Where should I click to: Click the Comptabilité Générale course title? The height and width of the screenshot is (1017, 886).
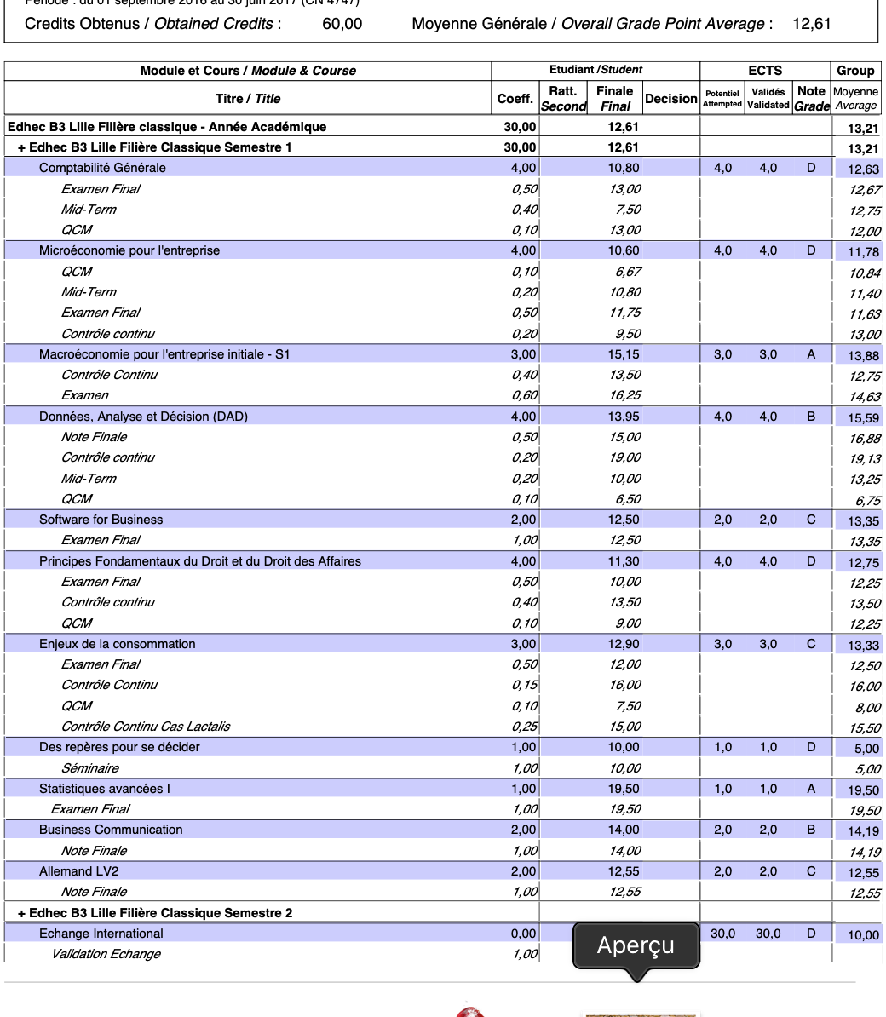[102, 168]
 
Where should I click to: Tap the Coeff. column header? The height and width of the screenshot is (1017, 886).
[515, 99]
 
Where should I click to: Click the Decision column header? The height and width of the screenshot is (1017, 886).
[671, 99]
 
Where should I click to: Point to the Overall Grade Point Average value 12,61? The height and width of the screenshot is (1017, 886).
[811, 24]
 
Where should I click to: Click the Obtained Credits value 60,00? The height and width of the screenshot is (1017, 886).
[342, 24]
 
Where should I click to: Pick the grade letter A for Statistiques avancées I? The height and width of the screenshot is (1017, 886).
[811, 789]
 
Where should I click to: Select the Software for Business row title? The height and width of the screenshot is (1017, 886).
[101, 520]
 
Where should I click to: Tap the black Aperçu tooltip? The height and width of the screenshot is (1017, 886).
[636, 945]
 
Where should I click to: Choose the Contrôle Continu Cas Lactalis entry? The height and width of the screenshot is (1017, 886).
[146, 727]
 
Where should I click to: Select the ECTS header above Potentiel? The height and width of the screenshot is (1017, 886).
[765, 71]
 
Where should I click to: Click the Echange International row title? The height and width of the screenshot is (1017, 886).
[101, 934]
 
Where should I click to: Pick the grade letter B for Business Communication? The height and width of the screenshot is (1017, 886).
[811, 830]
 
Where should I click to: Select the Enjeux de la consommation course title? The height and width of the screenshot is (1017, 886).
[117, 644]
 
